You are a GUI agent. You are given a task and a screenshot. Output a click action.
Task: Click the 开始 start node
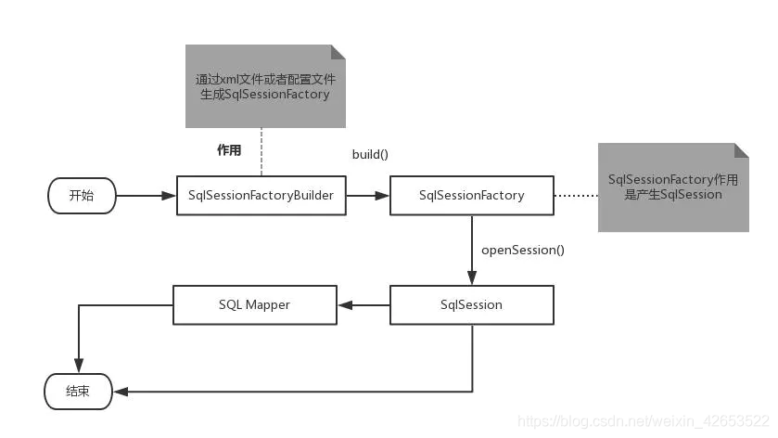pos(82,196)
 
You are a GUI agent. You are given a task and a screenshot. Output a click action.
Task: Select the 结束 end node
pos(78,392)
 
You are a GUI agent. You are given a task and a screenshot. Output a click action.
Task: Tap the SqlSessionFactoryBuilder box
pos(261,196)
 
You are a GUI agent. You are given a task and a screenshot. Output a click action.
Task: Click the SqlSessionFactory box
pos(471,196)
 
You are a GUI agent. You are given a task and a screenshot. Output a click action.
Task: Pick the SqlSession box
pos(471,304)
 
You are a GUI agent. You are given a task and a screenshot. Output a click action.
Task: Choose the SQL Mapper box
pos(254,304)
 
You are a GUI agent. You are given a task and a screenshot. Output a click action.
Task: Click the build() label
pos(369,153)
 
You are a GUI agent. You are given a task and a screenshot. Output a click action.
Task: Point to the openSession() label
pos(522,250)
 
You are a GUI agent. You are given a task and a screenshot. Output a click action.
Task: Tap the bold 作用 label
pos(229,149)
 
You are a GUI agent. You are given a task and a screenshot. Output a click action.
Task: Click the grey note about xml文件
pos(264,86)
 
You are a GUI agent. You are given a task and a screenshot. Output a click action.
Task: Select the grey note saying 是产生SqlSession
pos(672,187)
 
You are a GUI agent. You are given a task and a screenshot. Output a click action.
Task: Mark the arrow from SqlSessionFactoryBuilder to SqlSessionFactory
pos(368,196)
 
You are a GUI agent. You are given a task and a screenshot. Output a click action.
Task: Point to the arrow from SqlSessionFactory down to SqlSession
pos(471,251)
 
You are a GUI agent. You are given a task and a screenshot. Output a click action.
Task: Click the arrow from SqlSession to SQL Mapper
pos(362,304)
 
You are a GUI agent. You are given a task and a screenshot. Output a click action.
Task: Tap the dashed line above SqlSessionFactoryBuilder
pos(261,151)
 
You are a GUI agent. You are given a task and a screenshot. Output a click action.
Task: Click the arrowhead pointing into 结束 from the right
pos(119,392)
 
